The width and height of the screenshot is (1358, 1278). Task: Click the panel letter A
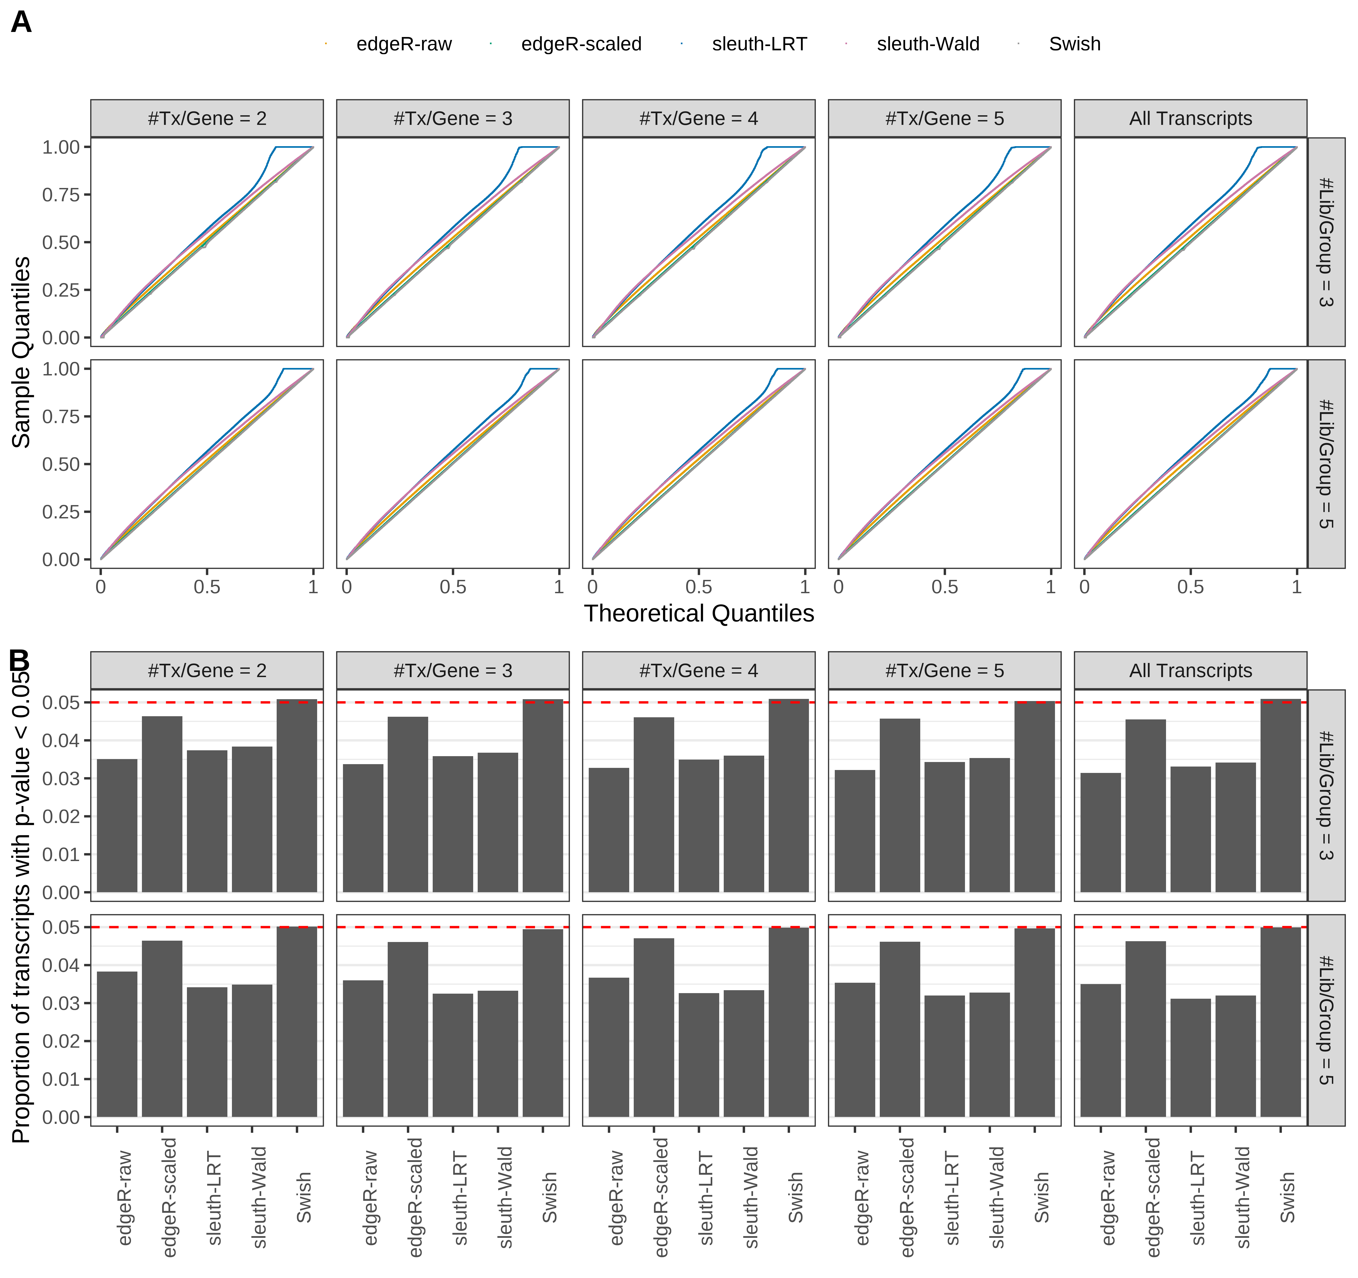(21, 23)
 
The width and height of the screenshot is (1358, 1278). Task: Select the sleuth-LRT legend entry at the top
(759, 44)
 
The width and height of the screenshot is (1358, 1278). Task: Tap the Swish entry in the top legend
(1074, 44)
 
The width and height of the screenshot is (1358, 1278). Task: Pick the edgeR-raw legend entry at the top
(404, 44)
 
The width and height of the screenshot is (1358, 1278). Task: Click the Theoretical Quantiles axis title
(698, 613)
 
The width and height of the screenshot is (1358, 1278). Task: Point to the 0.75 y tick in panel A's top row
(61, 195)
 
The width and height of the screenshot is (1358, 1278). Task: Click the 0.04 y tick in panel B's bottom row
(61, 965)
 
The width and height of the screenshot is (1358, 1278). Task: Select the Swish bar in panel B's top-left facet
(296, 796)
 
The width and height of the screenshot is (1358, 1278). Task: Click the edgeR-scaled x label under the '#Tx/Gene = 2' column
(169, 1197)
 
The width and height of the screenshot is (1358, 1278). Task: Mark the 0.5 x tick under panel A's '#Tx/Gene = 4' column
(698, 587)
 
